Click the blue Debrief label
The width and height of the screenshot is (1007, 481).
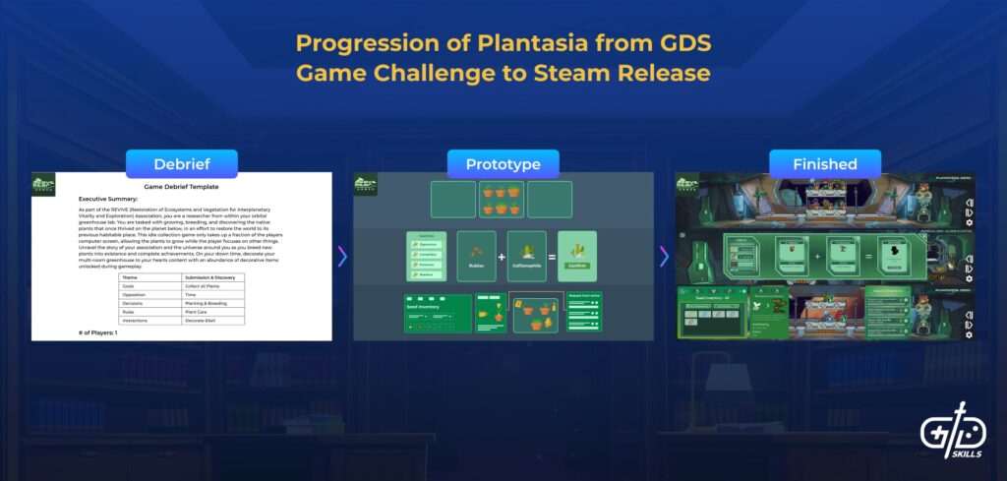point(167,164)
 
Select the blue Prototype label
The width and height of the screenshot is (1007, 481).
point(503,164)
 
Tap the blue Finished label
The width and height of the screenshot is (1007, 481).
point(825,164)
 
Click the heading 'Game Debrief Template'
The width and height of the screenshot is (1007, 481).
point(181,186)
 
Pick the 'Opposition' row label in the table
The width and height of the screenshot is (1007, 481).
point(137,294)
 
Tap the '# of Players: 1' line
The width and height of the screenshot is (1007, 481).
point(99,333)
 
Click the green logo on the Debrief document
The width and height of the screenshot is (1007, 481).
point(44,184)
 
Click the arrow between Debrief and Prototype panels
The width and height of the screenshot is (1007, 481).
point(342,257)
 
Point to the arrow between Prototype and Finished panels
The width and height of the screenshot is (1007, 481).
point(664,257)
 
